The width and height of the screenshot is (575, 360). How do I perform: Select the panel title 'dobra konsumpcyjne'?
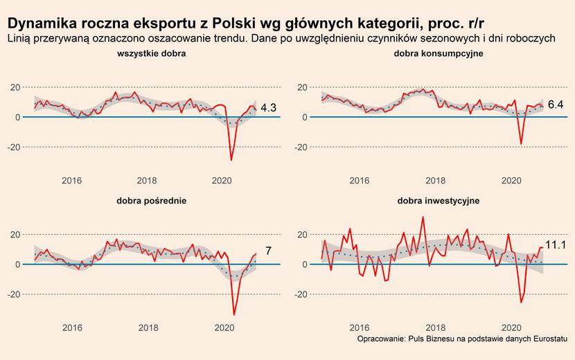tap(439, 53)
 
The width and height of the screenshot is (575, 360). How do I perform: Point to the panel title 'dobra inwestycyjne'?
tap(439, 201)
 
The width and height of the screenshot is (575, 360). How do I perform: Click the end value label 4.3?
tap(269, 108)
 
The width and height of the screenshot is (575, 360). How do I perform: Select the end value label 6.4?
tap(556, 105)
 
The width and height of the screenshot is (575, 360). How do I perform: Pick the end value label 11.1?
tap(556, 244)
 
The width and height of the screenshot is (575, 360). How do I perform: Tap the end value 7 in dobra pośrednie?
tap(269, 251)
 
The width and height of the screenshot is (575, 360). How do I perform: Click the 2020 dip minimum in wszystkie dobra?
tap(231, 160)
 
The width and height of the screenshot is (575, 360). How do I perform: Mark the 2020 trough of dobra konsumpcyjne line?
tap(521, 144)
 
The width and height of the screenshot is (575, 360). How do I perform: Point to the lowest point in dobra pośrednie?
tap(234, 315)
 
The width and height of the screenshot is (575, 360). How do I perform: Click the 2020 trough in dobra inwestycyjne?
tap(522, 302)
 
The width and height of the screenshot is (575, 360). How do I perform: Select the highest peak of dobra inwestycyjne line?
tap(423, 217)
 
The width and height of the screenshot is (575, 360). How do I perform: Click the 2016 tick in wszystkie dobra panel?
tap(72, 181)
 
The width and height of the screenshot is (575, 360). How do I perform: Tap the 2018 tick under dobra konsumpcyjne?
tap(434, 181)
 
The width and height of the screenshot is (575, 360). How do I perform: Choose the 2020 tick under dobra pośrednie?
tap(224, 328)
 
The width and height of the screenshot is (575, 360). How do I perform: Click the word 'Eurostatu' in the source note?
tap(550, 340)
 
